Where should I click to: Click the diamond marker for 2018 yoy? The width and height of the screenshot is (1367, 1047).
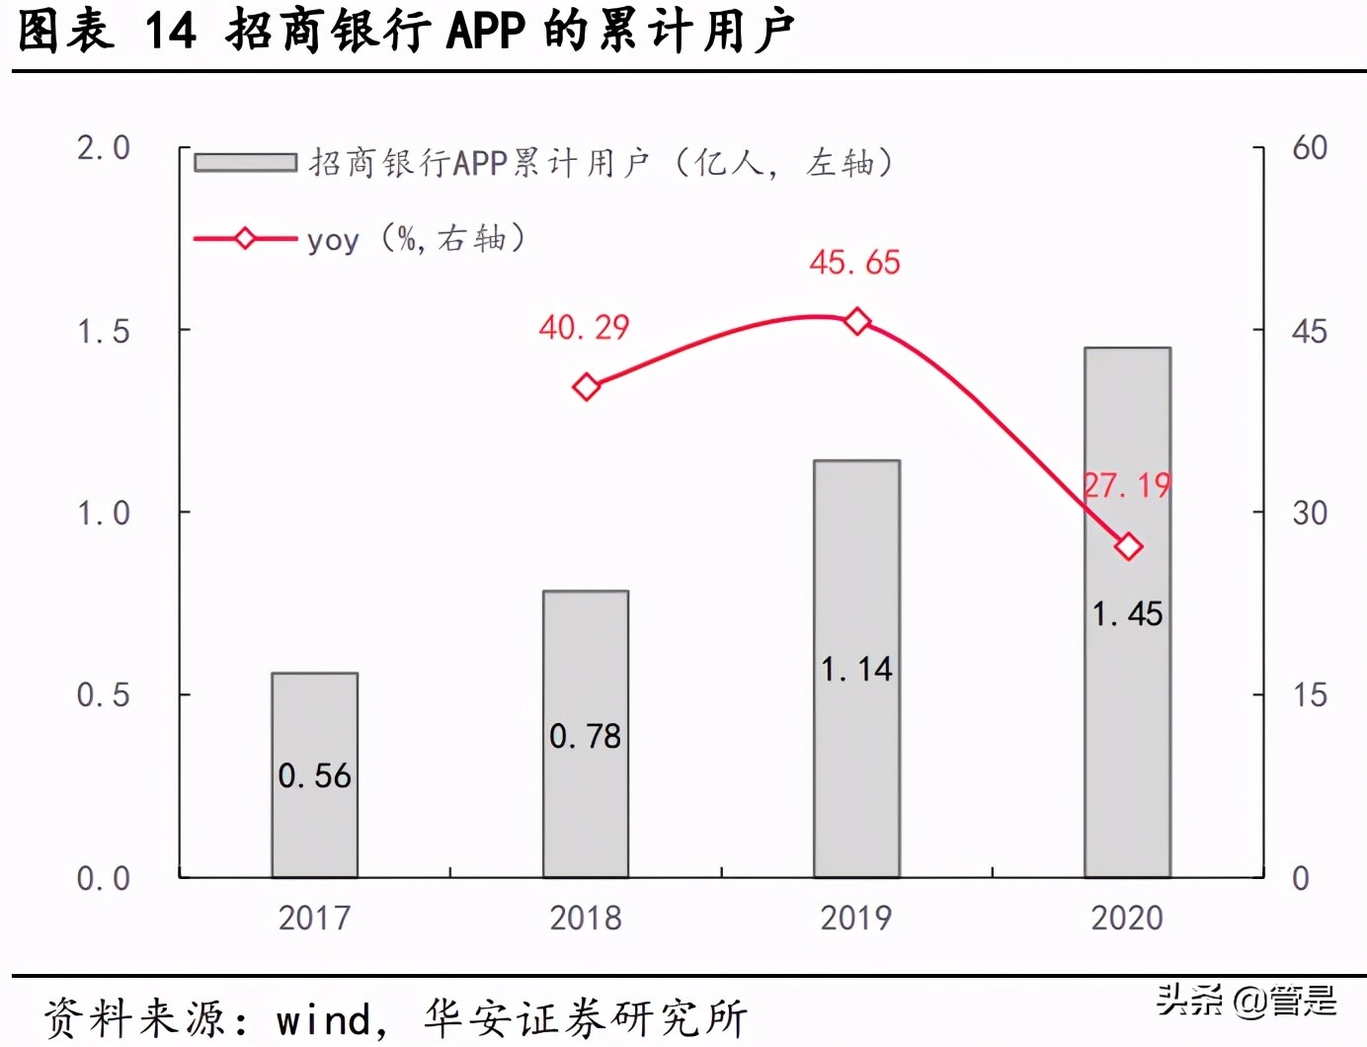(587, 387)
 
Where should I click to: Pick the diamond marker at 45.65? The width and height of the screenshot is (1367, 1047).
(857, 322)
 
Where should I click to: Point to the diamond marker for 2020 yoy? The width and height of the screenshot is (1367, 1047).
(1128, 546)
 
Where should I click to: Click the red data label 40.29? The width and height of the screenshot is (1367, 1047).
(584, 328)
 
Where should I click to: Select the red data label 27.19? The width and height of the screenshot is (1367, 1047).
(1127, 486)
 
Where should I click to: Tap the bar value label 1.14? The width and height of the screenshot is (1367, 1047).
(856, 670)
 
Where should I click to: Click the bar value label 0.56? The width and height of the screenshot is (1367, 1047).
(314, 776)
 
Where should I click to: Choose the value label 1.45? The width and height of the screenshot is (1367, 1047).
(1127, 614)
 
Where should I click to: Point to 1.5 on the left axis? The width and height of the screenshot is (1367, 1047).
(104, 332)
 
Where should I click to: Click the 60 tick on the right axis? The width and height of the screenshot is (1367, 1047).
(1310, 148)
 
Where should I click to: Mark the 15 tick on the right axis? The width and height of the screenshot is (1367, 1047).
(1310, 695)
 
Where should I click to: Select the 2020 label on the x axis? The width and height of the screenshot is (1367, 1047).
(1127, 919)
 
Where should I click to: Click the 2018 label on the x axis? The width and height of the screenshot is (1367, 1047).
(586, 919)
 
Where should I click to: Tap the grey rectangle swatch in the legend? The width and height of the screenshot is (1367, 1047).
(245, 163)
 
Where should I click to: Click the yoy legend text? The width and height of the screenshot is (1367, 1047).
(332, 240)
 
